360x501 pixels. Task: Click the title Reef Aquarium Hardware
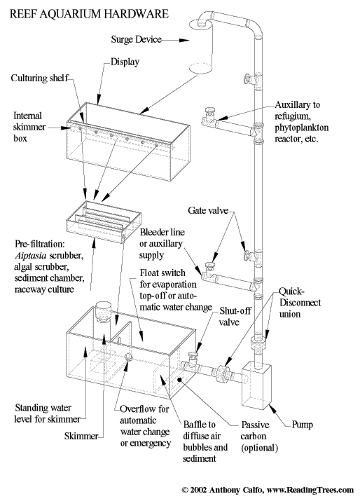[x=89, y=14]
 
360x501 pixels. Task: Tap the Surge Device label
[x=136, y=39]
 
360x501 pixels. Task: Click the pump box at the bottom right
[x=256, y=385]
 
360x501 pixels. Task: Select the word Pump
[x=302, y=425]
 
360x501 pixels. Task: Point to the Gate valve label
[x=208, y=210]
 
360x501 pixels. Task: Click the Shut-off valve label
[x=235, y=316]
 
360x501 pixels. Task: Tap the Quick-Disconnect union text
[x=300, y=303]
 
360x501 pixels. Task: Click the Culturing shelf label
[x=40, y=78]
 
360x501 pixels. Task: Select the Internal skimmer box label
[x=29, y=127]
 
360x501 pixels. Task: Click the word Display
[x=125, y=62]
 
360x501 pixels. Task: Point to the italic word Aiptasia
[x=31, y=256]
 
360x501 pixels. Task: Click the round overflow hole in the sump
[x=129, y=357]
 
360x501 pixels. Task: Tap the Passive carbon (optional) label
[x=259, y=436]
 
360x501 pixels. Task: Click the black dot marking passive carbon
[x=179, y=379]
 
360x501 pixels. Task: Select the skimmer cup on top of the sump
[x=103, y=311]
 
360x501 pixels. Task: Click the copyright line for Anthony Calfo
[x=268, y=490]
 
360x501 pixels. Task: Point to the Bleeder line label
[x=162, y=243]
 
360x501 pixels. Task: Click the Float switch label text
[x=176, y=290]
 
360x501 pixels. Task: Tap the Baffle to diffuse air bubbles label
[x=205, y=441]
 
